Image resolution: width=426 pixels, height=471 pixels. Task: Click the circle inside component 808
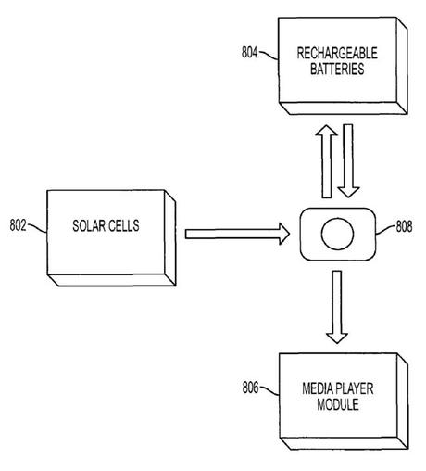[x=338, y=235]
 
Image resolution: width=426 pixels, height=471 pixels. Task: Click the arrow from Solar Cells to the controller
[x=237, y=235]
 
